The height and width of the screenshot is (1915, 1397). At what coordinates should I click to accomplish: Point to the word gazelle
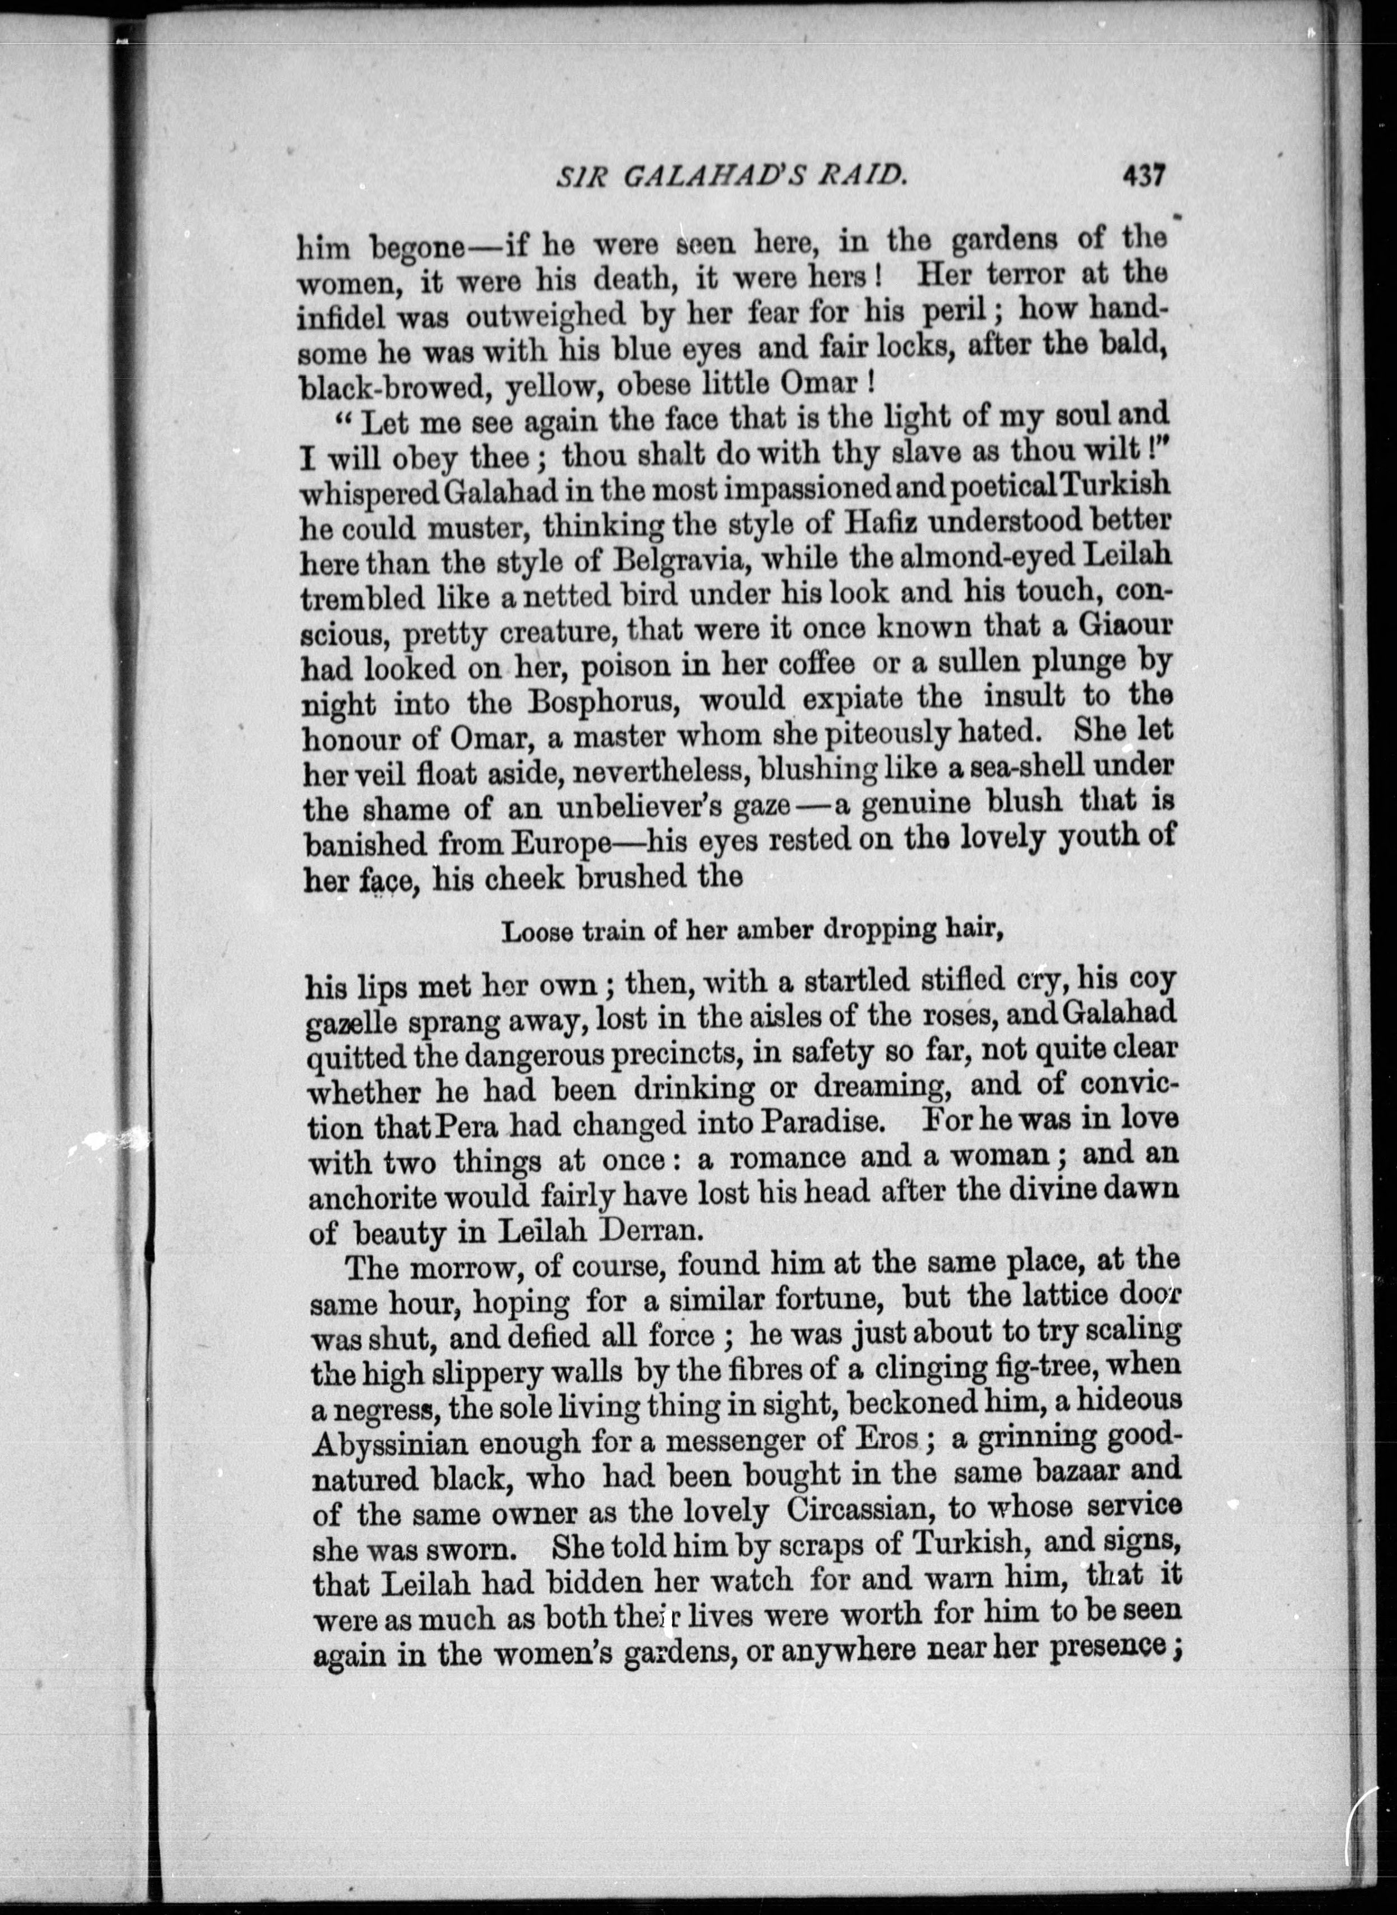pos(351,1022)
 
